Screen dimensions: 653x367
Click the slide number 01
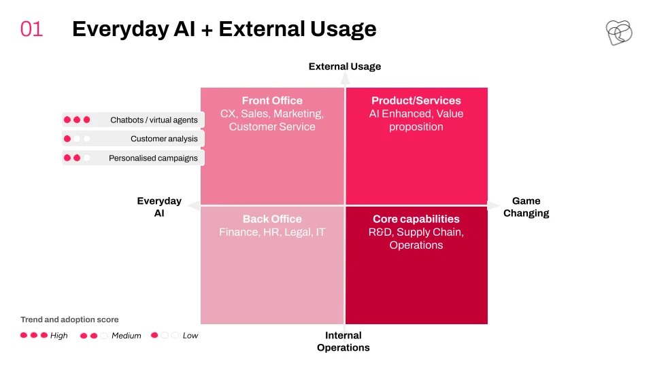pyautogui.click(x=32, y=29)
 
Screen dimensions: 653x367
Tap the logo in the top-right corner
pyautogui.click(x=619, y=33)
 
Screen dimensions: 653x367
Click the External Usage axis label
pyautogui.click(x=345, y=67)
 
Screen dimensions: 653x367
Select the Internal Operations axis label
pyautogui.click(x=343, y=341)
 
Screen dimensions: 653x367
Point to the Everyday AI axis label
pyautogui.click(x=159, y=207)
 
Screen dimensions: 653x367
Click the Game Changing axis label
pyautogui.click(x=526, y=207)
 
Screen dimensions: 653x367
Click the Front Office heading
pyautogui.click(x=272, y=101)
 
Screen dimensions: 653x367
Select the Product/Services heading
pyautogui.click(x=416, y=101)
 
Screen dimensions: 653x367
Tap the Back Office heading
pyautogui.click(x=272, y=219)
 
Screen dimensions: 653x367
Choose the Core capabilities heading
pyautogui.click(x=416, y=219)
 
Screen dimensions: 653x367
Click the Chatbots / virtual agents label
pyautogui.click(x=154, y=120)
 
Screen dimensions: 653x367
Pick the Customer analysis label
pyautogui.click(x=164, y=139)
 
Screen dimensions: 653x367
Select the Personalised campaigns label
pyautogui.click(x=153, y=158)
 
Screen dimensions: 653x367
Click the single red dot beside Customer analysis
pyautogui.click(x=67, y=139)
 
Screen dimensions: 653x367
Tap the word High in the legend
pyautogui.click(x=58, y=335)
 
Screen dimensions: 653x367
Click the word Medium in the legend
pyautogui.click(x=127, y=335)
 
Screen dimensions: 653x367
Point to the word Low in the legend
pyautogui.click(x=190, y=335)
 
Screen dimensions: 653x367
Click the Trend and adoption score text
pyautogui.click(x=69, y=319)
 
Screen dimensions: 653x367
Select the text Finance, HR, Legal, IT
pyautogui.click(x=272, y=232)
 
